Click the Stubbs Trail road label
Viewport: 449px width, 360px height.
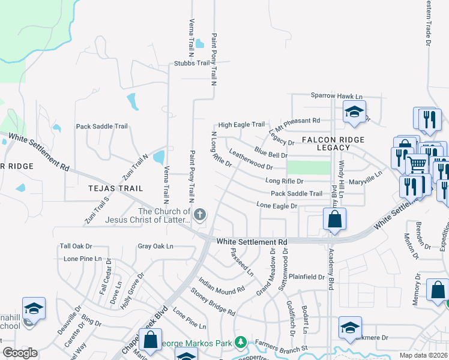click(191, 63)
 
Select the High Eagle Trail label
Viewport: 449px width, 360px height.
click(241, 125)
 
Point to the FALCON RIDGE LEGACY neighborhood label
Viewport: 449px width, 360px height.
click(333, 143)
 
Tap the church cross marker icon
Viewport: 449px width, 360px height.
click(200, 214)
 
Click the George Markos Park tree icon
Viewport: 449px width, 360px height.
click(241, 342)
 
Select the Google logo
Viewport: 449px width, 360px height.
click(20, 353)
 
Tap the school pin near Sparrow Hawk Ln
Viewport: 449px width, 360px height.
click(354, 112)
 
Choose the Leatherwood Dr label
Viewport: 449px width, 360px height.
click(251, 160)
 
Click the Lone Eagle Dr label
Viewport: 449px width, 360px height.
click(277, 206)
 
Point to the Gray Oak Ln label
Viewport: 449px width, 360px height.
click(155, 246)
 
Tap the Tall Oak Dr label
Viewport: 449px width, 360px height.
click(76, 246)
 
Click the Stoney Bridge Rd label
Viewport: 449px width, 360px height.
click(212, 302)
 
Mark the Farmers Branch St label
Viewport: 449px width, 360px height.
click(280, 348)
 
